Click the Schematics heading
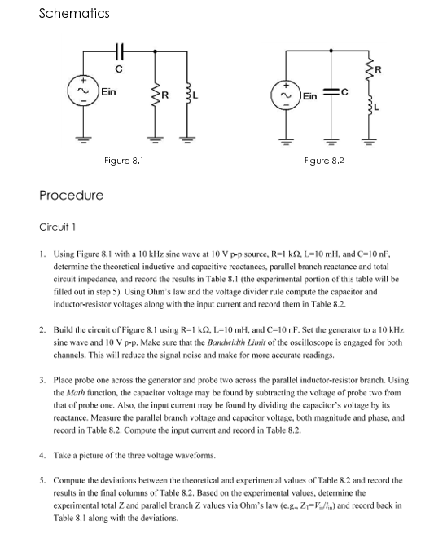tap(74, 14)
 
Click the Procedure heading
tap(72, 195)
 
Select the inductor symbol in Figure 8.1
tap(187, 99)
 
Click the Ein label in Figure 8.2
tap(312, 96)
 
